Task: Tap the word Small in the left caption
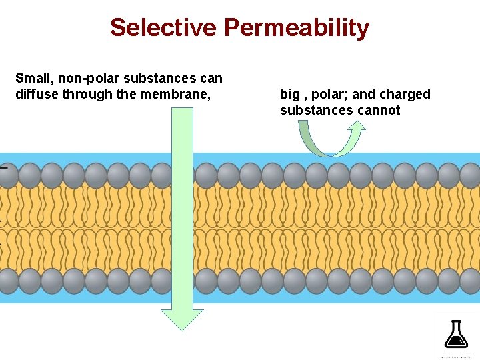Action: coord(31,79)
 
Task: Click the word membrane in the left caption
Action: coord(177,94)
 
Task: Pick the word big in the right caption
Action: coord(290,95)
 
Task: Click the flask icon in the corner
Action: coord(455,333)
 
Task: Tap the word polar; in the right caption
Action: coord(326,95)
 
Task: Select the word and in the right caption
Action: coord(364,94)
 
